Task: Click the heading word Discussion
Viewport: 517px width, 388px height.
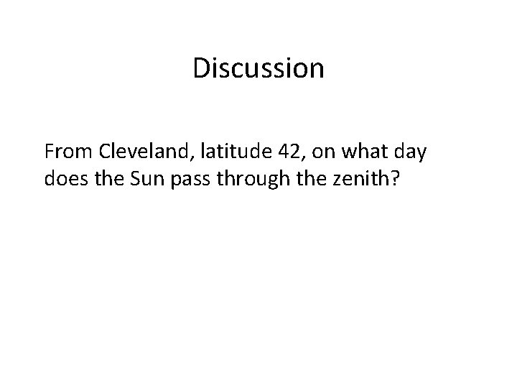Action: tap(258, 69)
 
